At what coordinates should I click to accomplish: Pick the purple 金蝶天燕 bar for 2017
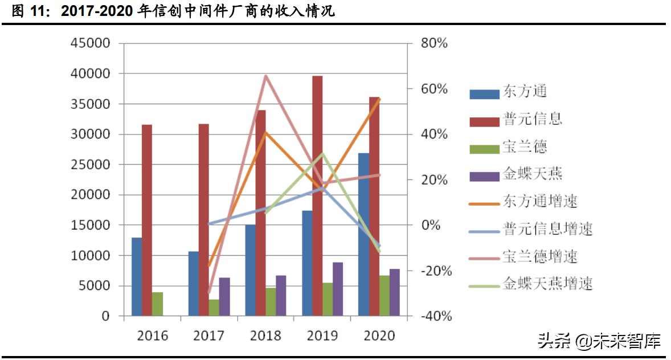224,297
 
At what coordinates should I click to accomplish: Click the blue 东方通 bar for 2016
137,277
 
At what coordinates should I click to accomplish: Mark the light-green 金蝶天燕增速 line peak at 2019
322,154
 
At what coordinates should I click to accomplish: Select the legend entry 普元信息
532,118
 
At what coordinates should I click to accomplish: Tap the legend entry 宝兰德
524,146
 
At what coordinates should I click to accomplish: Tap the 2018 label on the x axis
265,336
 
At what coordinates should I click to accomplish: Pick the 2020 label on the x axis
379,336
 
